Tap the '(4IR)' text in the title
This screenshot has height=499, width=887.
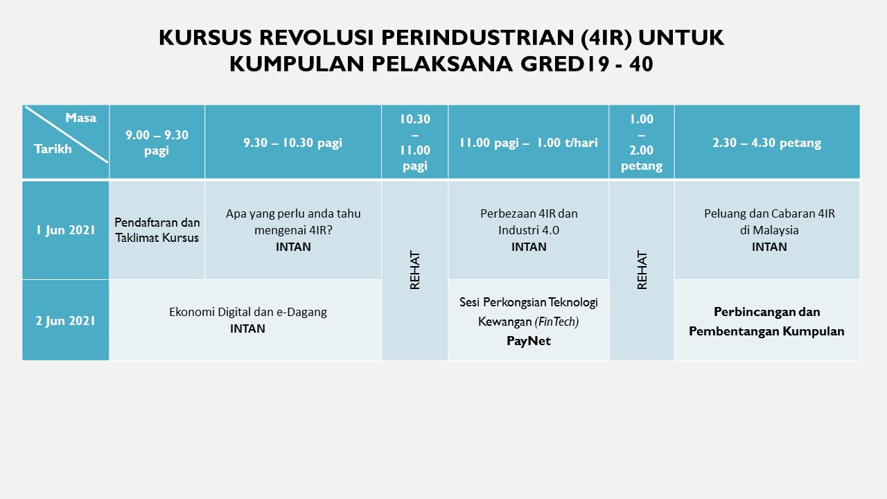click(606, 38)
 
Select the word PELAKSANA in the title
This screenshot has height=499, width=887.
click(442, 64)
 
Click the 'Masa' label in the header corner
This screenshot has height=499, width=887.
click(81, 118)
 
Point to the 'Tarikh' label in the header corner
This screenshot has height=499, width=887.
click(53, 149)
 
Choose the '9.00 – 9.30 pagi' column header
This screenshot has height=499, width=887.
click(157, 143)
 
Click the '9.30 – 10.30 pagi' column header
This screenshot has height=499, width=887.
click(292, 143)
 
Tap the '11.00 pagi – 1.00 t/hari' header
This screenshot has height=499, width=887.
click(529, 143)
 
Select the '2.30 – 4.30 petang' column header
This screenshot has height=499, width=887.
click(767, 143)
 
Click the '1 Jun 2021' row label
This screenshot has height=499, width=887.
click(66, 230)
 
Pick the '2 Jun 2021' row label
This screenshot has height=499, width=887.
click(66, 320)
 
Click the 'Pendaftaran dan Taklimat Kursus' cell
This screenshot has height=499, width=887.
click(157, 230)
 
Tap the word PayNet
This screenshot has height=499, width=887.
click(529, 341)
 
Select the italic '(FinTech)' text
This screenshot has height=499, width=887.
click(556, 322)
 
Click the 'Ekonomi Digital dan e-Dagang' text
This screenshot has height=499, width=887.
click(248, 312)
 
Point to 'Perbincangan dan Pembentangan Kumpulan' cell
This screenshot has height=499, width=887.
click(766, 322)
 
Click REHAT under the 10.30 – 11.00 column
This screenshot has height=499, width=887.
click(414, 270)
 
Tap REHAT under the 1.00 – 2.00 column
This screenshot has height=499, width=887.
click(642, 270)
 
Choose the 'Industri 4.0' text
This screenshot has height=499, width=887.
click(529, 230)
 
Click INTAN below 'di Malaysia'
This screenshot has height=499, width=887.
click(769, 247)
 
